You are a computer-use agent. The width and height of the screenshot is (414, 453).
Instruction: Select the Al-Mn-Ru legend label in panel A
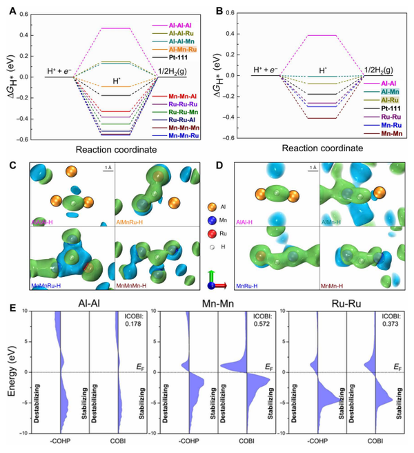(175, 50)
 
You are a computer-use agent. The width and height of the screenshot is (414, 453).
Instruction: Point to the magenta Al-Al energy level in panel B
(317, 35)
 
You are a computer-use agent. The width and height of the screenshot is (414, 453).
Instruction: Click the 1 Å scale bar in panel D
(313, 168)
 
